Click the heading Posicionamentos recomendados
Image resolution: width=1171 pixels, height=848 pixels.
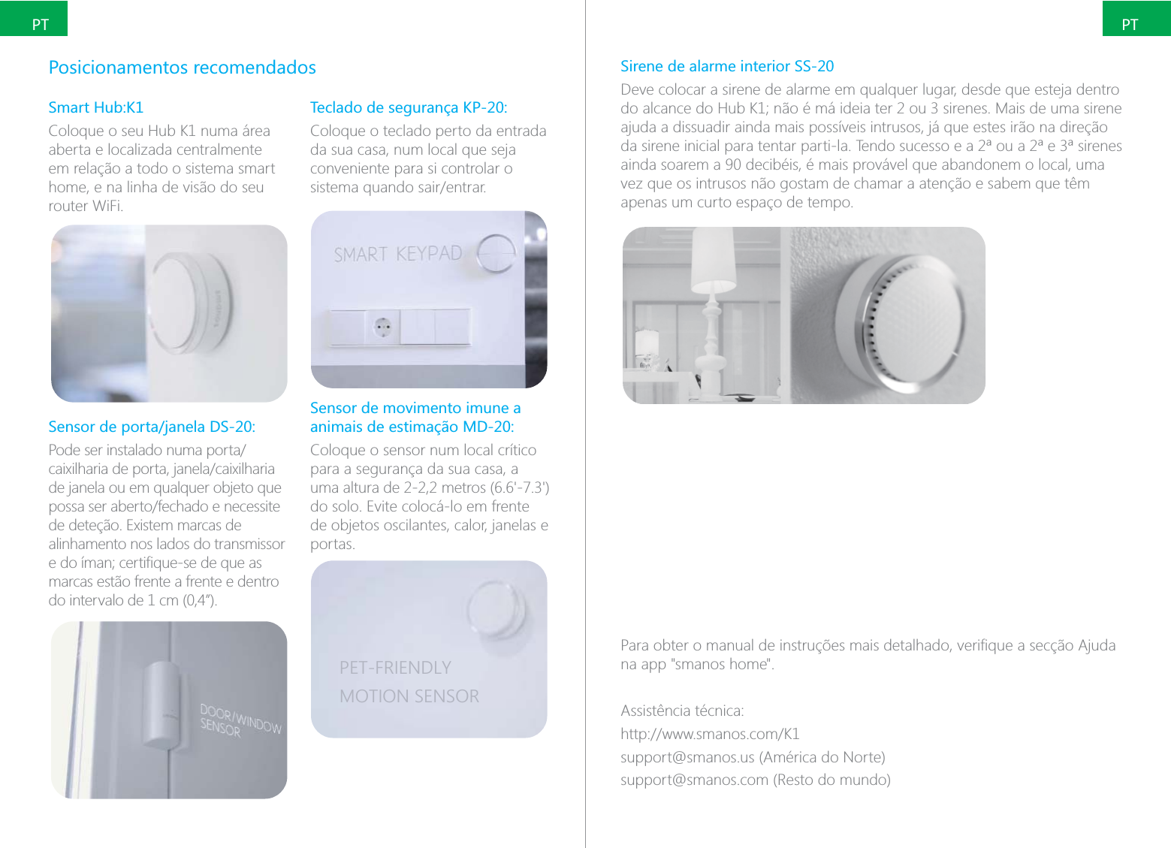pos(182,68)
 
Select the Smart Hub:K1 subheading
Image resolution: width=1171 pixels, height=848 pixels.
pos(95,107)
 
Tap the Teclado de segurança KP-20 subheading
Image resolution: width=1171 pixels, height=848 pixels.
pos(408,107)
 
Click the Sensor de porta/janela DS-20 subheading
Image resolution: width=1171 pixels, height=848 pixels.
pos(151,427)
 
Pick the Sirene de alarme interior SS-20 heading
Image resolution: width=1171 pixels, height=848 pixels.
pos(726,66)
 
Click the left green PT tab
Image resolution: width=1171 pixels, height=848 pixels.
pos(35,20)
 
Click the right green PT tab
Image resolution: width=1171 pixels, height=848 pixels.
pos(1136,20)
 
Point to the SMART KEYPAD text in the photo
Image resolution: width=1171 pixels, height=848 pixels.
pos(397,255)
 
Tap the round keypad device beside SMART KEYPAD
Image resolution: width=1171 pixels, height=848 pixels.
pos(496,252)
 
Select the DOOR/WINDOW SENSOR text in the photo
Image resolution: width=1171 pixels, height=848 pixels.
pos(239,720)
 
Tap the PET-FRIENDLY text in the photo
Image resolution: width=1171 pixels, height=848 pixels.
pos(395,668)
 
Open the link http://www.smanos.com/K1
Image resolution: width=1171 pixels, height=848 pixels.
pos(709,734)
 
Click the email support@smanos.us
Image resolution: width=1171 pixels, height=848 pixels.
pos(687,757)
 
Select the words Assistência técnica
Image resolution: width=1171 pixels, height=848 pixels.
pos(682,711)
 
